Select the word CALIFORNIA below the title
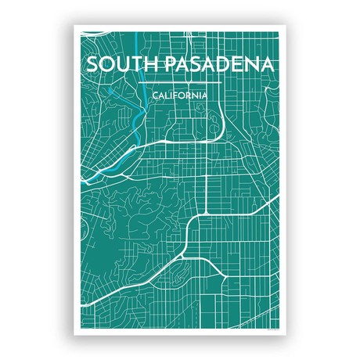[x=180, y=95]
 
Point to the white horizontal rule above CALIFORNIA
[x=180, y=81]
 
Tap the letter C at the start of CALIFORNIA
[x=155, y=95]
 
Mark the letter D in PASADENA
[x=215, y=63]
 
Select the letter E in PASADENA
[x=232, y=63]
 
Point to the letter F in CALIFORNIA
[x=177, y=95]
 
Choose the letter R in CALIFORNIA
[x=190, y=95]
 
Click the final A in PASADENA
[x=266, y=63]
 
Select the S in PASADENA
[x=186, y=63]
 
